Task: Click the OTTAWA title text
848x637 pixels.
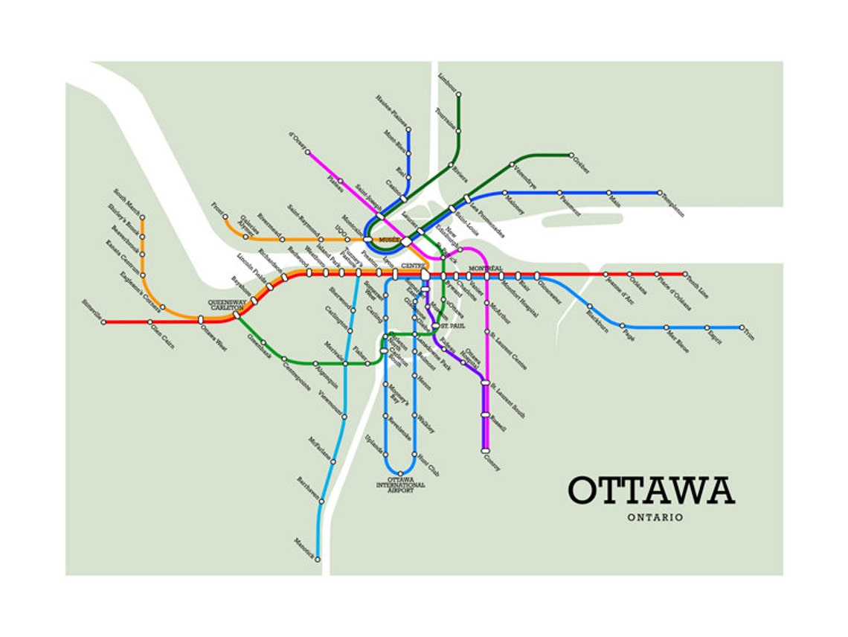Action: (652, 490)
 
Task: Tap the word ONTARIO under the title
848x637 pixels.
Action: (655, 517)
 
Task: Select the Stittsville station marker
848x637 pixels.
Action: (104, 322)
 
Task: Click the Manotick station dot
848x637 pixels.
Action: (318, 559)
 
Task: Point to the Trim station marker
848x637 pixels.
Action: (742, 327)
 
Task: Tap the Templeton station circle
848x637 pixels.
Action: (658, 193)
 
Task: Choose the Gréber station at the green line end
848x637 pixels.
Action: (571, 156)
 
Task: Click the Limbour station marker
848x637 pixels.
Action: (459, 95)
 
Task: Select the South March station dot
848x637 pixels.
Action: (142, 218)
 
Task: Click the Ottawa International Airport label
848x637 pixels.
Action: (401, 485)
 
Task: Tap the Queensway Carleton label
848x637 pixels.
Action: (227, 304)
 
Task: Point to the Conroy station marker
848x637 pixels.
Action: (485, 450)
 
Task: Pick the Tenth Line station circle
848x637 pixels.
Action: (685, 274)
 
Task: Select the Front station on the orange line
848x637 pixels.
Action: (225, 217)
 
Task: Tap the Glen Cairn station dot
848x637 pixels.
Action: (150, 322)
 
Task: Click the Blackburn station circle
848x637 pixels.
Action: (589, 306)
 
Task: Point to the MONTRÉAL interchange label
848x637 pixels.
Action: (486, 268)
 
